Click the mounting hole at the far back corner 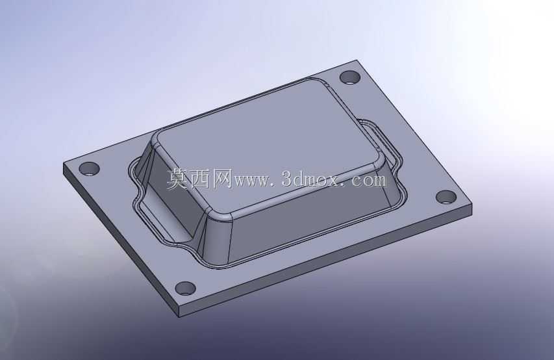pyautogui.click(x=349, y=77)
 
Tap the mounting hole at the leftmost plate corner pyautogui.click(x=89, y=169)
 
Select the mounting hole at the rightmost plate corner pyautogui.click(x=446, y=198)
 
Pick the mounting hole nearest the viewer pyautogui.click(x=186, y=289)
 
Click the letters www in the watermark pyautogui.click(x=252, y=181)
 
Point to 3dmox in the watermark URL pyautogui.click(x=311, y=179)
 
